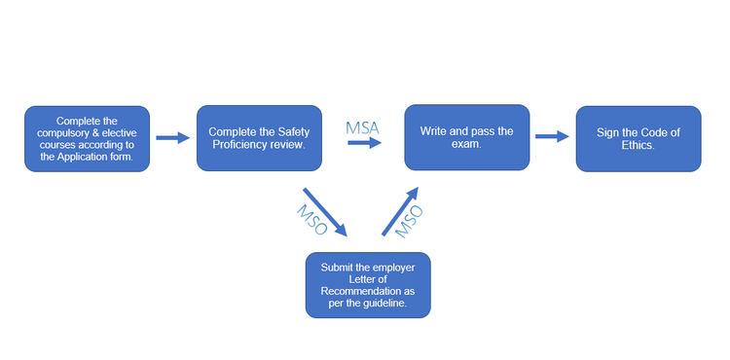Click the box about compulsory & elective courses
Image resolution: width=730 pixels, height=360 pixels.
[x=88, y=139]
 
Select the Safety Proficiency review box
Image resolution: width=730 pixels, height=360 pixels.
[x=259, y=139]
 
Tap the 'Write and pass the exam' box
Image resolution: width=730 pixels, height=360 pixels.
[x=467, y=137]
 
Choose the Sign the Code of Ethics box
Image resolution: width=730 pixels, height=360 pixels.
[x=638, y=139]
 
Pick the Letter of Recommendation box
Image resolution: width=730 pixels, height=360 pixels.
[x=368, y=284]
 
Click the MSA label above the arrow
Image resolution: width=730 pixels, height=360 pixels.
[x=364, y=127]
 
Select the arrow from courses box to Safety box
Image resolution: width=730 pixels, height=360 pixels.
[x=173, y=138]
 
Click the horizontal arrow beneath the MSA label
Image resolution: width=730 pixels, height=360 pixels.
[x=365, y=142]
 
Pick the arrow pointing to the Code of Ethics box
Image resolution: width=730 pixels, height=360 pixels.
[x=552, y=137]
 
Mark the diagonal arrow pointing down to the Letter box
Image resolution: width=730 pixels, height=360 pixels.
[x=325, y=211]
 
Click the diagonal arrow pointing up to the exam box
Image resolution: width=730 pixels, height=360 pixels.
[x=400, y=211]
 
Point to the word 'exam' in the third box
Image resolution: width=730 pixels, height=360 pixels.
[x=467, y=144]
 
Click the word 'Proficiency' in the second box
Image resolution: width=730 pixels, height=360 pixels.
[x=241, y=146]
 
